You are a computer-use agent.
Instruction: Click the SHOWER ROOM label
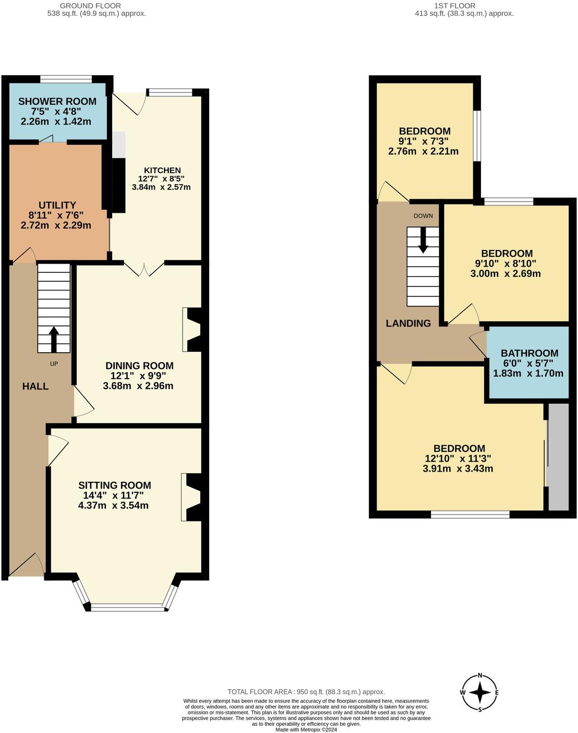click(57, 102)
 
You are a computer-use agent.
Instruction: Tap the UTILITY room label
click(57, 205)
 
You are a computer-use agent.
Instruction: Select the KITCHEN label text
click(162, 170)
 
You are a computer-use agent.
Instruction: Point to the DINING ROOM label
click(139, 366)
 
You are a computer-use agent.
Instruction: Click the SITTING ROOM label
click(115, 486)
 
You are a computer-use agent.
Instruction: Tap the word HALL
click(35, 386)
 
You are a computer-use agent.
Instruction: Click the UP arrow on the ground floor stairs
click(54, 338)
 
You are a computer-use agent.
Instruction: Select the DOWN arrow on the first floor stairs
click(423, 240)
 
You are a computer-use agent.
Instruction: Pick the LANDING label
click(408, 324)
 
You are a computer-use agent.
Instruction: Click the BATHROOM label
click(529, 353)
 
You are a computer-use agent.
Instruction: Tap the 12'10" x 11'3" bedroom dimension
click(458, 459)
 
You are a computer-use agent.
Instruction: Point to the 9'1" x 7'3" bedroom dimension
click(423, 141)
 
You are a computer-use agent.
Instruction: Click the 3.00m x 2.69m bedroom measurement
click(505, 273)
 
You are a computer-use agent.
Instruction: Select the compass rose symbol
click(480, 693)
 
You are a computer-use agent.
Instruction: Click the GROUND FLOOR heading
click(90, 6)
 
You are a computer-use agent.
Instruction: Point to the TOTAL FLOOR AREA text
click(306, 691)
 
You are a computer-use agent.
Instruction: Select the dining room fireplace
click(194, 330)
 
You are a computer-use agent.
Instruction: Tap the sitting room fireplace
click(193, 496)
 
